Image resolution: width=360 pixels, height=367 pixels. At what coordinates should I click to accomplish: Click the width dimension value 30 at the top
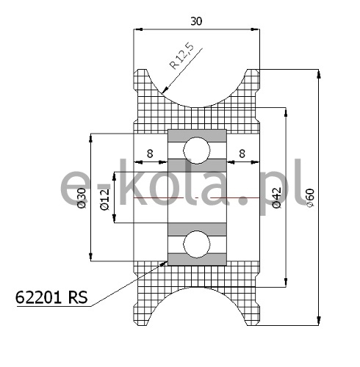click(x=196, y=21)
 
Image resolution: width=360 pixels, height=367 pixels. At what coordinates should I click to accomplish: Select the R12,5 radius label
click(x=181, y=56)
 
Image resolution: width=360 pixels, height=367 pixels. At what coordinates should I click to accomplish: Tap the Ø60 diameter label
click(x=310, y=198)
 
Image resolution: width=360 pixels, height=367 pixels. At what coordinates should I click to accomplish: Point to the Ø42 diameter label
click(x=277, y=197)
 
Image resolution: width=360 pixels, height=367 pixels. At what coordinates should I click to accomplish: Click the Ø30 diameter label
click(x=82, y=198)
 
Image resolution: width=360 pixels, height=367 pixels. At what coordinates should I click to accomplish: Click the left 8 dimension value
click(x=150, y=153)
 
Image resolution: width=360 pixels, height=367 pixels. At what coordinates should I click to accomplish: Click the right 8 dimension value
click(x=242, y=153)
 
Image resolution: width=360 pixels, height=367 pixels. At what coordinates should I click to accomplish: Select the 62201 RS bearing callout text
click(x=51, y=297)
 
